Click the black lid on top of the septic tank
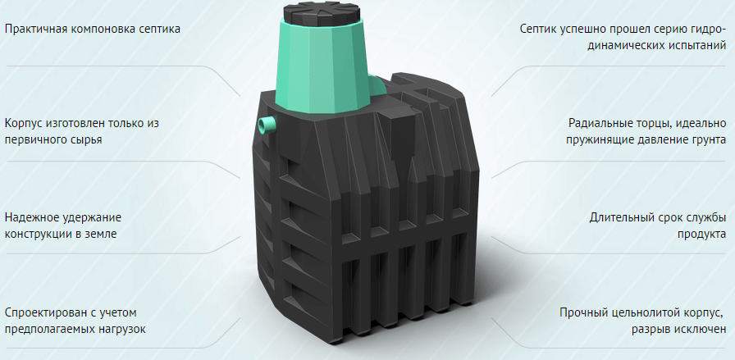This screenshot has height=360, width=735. pyautogui.click(x=322, y=13)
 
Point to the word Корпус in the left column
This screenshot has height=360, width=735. pyautogui.click(x=24, y=124)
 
